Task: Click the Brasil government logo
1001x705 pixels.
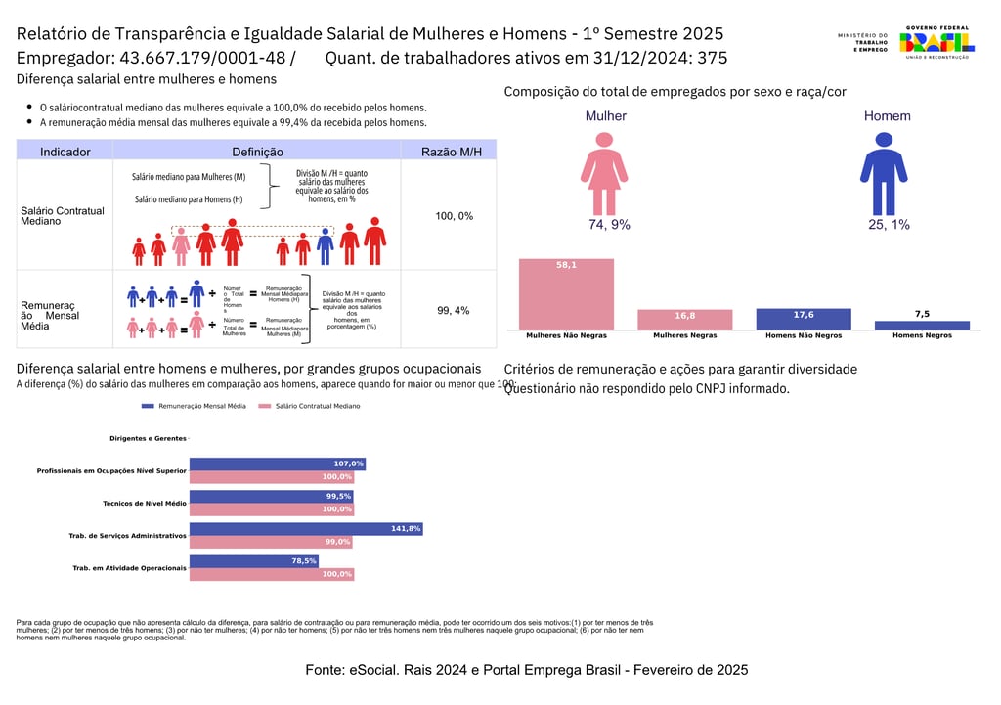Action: tap(936, 42)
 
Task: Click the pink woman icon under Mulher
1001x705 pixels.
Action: tap(605, 172)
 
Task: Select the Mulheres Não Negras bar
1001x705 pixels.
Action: tap(566, 294)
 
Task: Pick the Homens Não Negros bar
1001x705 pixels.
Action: tap(804, 320)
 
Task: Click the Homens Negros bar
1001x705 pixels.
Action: tap(922, 325)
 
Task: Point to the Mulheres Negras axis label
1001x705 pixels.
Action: tap(684, 335)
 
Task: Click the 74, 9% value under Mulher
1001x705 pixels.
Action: tap(609, 225)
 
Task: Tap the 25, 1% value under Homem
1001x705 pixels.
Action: tap(889, 225)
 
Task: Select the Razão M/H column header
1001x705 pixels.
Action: tap(451, 152)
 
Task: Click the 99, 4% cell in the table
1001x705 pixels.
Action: tap(454, 310)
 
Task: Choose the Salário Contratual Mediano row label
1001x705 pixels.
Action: tap(63, 216)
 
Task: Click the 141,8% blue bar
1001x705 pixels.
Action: tap(305, 529)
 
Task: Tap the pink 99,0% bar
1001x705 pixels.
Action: tap(271, 542)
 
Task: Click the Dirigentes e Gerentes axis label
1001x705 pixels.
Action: tap(148, 438)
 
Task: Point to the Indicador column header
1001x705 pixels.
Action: tap(65, 152)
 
